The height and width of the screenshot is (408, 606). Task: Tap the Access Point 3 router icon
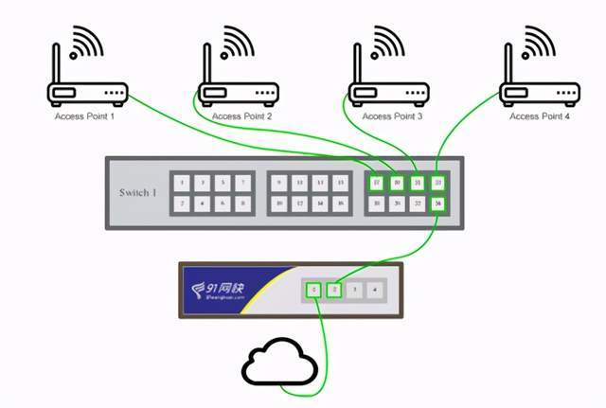pyautogui.click(x=387, y=93)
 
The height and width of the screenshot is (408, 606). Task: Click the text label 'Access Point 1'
pyautogui.click(x=84, y=116)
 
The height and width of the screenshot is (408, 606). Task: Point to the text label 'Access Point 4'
pyautogui.click(x=539, y=116)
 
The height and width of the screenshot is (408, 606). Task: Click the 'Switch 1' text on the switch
pyautogui.click(x=138, y=192)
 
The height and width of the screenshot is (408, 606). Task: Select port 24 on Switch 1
pyautogui.click(x=437, y=203)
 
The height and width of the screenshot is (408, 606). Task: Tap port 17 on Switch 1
pyautogui.click(x=377, y=183)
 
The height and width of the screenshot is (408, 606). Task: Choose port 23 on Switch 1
pyautogui.click(x=437, y=183)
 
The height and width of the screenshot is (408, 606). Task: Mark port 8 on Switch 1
pyautogui.click(x=243, y=203)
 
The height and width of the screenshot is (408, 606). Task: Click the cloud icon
pyautogui.click(x=280, y=364)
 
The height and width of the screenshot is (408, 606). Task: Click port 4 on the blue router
pyautogui.click(x=375, y=289)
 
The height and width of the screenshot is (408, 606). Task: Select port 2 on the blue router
pyautogui.click(x=333, y=289)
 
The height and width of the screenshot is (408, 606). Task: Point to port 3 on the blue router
pyautogui.click(x=354, y=289)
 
